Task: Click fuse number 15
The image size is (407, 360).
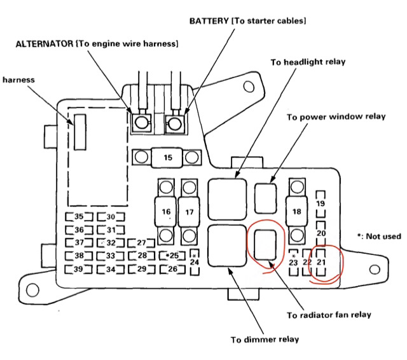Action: pyautogui.click(x=167, y=157)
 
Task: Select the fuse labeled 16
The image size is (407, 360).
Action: pyautogui.click(x=166, y=211)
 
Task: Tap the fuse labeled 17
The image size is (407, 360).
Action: pyautogui.click(x=189, y=211)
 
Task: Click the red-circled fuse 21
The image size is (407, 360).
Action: pyautogui.click(x=321, y=262)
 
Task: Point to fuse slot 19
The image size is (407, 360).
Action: pyautogui.click(x=321, y=204)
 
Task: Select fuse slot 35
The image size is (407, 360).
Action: pyautogui.click(x=79, y=216)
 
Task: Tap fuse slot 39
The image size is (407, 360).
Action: pyautogui.click(x=78, y=269)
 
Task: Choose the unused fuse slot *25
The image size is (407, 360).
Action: pyautogui.click(x=172, y=256)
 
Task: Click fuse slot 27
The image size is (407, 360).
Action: pyautogui.click(x=141, y=243)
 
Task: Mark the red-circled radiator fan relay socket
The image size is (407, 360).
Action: pyautogui.click(x=265, y=245)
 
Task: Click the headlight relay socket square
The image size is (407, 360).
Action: pyautogui.click(x=227, y=199)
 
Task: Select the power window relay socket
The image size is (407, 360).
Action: pyautogui.click(x=265, y=198)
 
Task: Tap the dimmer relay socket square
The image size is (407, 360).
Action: pyautogui.click(x=227, y=246)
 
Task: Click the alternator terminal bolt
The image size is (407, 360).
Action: pyautogui.click(x=141, y=121)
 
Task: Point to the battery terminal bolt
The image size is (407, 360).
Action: pyautogui.click(x=174, y=123)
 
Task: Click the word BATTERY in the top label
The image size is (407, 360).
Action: pyautogui.click(x=209, y=21)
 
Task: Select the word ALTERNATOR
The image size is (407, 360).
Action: pyautogui.click(x=45, y=44)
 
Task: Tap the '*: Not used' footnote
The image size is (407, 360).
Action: pyautogui.click(x=379, y=237)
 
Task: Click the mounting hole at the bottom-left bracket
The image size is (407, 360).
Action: pyautogui.click(x=32, y=290)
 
